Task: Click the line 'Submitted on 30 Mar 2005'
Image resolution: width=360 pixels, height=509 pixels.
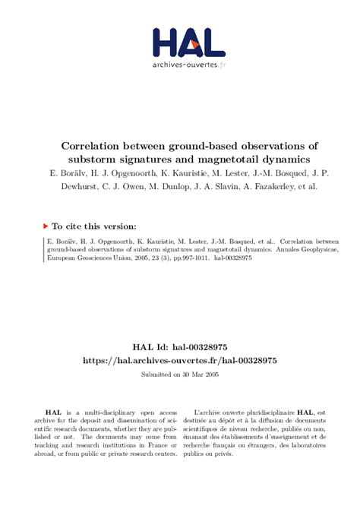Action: (179, 375)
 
